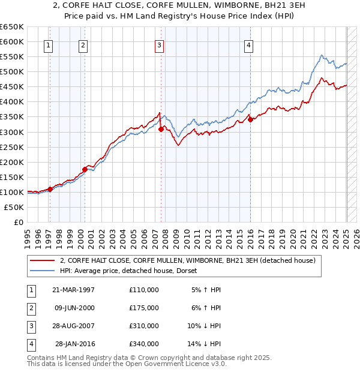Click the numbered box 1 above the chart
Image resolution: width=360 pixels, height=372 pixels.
[x=48, y=44]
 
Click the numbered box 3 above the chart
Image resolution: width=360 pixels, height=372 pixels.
[x=159, y=44]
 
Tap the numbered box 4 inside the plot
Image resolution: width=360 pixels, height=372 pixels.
[x=248, y=44]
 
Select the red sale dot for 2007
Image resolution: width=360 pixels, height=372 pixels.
[x=161, y=128]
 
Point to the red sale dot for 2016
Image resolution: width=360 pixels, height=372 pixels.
[x=250, y=119]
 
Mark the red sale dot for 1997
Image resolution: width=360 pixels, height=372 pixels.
[x=50, y=189]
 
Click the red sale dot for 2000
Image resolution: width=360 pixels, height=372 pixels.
[x=85, y=169]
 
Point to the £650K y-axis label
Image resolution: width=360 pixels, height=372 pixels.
[x=12, y=27]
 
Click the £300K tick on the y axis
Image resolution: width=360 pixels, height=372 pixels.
[x=12, y=132]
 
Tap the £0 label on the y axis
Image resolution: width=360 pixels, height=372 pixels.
[x=17, y=222]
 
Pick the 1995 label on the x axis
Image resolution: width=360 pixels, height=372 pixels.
[x=28, y=237]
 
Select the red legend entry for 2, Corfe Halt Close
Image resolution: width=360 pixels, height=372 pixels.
[x=191, y=260]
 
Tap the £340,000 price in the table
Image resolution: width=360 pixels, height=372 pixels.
[x=144, y=344]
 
